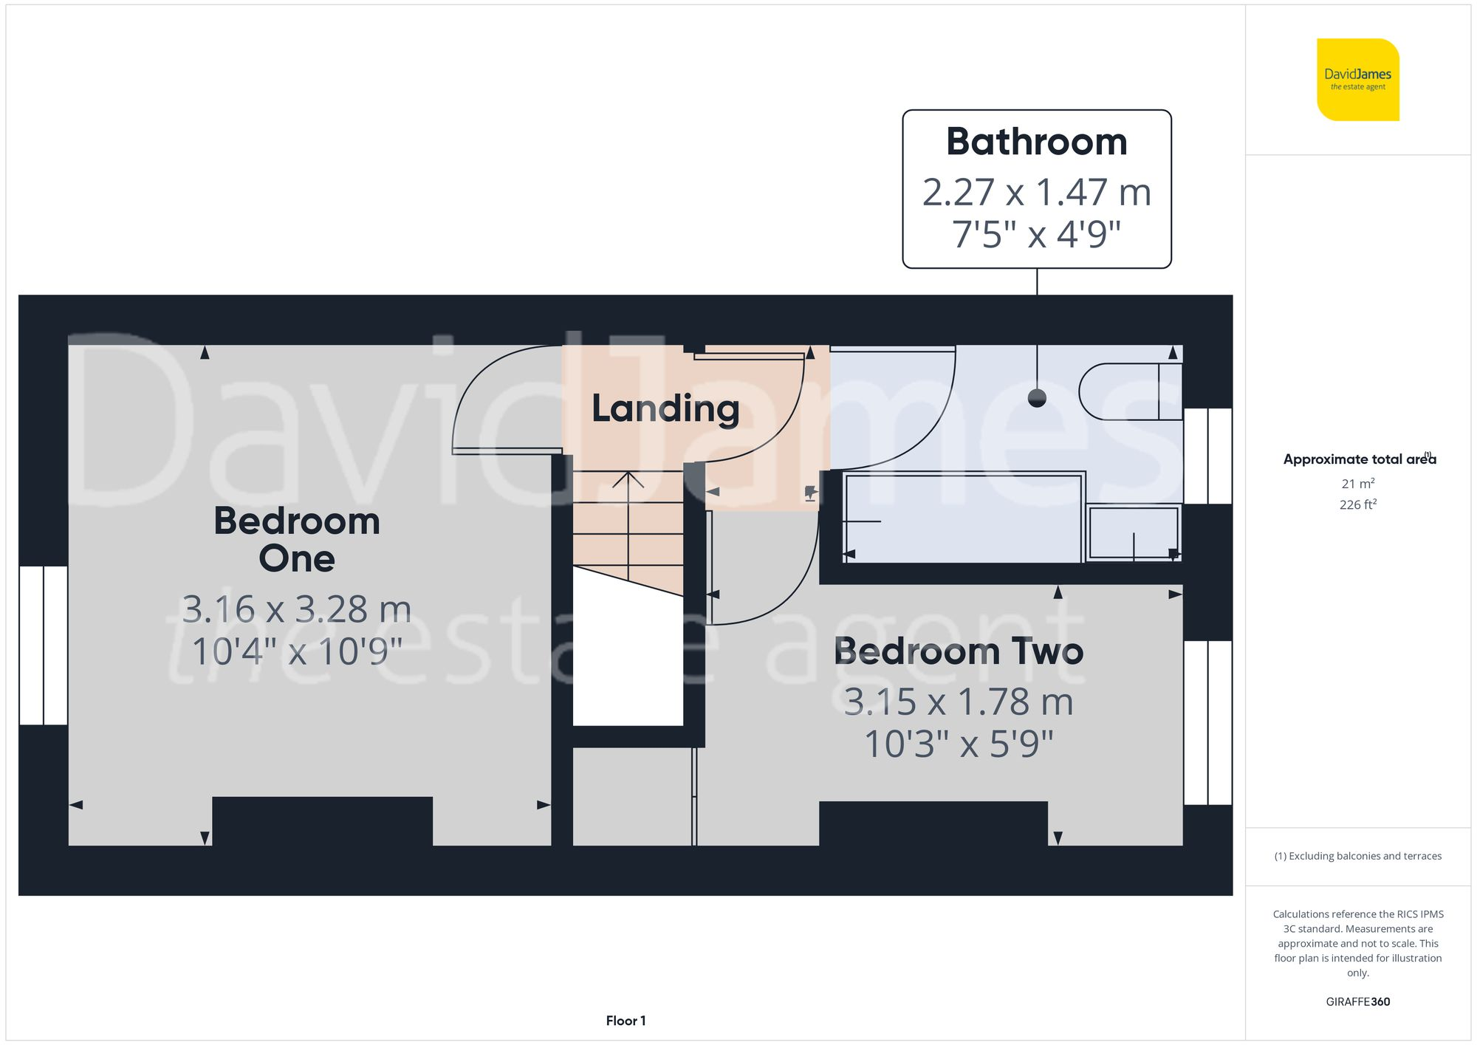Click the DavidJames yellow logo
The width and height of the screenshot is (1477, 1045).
(1357, 80)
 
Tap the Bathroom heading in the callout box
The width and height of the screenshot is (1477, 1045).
(1036, 142)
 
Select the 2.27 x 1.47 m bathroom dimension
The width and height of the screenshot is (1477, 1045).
(1036, 193)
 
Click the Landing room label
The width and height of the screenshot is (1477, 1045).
(665, 408)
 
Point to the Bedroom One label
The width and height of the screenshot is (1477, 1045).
(297, 539)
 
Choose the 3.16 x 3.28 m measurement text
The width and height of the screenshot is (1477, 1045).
(297, 609)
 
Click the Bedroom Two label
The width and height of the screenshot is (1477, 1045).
(958, 651)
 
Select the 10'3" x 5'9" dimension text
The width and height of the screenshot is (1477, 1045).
(958, 744)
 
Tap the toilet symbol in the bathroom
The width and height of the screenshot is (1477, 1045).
(1130, 391)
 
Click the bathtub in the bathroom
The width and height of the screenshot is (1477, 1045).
(962, 518)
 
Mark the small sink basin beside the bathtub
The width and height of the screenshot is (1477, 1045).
(1133, 532)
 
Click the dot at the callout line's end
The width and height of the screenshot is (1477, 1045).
(1037, 398)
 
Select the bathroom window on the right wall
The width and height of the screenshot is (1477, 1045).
(1207, 456)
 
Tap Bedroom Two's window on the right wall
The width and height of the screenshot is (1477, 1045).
(1207, 722)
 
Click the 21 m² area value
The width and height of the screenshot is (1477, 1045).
(1357, 484)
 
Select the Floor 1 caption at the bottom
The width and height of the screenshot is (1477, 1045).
(626, 1021)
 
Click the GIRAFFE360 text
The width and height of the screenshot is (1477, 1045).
(1357, 1001)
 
